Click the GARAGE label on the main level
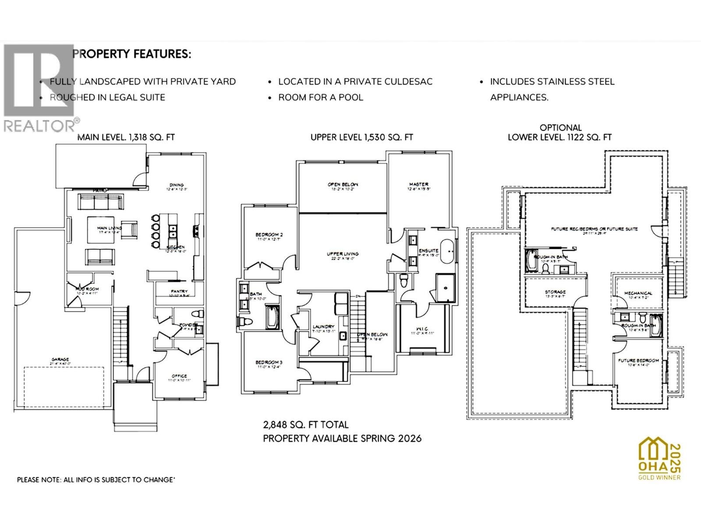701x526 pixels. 60,359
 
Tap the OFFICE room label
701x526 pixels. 179,376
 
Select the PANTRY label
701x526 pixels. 179,291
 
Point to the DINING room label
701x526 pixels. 176,185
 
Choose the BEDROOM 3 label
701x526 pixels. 269,362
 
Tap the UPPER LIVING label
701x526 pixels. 343,254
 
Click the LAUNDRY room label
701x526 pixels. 323,327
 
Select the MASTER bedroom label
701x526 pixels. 418,185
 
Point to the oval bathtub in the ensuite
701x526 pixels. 446,251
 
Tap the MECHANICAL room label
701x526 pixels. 638,293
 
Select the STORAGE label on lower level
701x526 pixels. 555,291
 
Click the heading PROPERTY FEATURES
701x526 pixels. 131,54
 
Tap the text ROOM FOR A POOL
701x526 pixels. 321,97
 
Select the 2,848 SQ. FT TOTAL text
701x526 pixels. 305,424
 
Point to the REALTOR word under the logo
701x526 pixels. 39,126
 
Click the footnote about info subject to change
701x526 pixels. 96,480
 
